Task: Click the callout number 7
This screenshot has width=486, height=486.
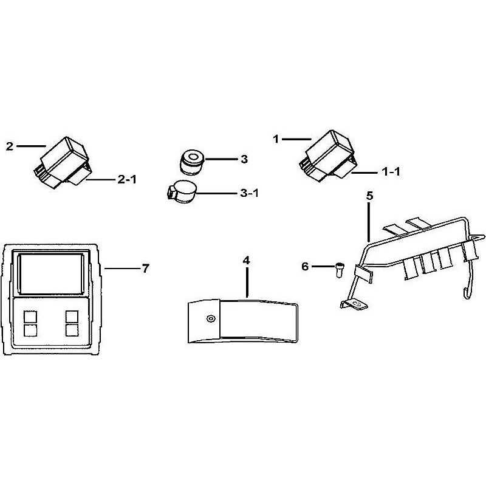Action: click(x=146, y=269)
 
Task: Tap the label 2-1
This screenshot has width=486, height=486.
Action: click(x=127, y=179)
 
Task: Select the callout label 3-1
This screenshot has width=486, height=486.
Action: click(x=249, y=193)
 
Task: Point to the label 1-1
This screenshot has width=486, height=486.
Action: click(x=391, y=171)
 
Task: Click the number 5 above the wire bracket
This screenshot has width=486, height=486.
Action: click(x=370, y=196)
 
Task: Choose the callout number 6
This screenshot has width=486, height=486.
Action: click(x=306, y=266)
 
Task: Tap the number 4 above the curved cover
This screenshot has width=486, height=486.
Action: click(x=246, y=261)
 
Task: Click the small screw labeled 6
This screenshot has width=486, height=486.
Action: click(x=338, y=270)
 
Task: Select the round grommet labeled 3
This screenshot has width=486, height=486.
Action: click(x=191, y=162)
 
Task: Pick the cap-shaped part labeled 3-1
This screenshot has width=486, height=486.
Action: click(x=182, y=193)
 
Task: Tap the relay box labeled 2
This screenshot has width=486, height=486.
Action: click(x=61, y=163)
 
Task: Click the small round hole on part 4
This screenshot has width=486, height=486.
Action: click(x=211, y=318)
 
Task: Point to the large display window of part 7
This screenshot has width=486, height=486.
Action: click(x=52, y=275)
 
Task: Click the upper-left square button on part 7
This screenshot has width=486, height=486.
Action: click(x=30, y=317)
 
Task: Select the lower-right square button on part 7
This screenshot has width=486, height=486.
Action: click(x=72, y=330)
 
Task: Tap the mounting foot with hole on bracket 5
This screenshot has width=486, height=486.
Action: click(x=354, y=304)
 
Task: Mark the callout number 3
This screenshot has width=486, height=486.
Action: click(x=244, y=159)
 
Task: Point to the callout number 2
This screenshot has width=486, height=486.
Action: click(x=10, y=146)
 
